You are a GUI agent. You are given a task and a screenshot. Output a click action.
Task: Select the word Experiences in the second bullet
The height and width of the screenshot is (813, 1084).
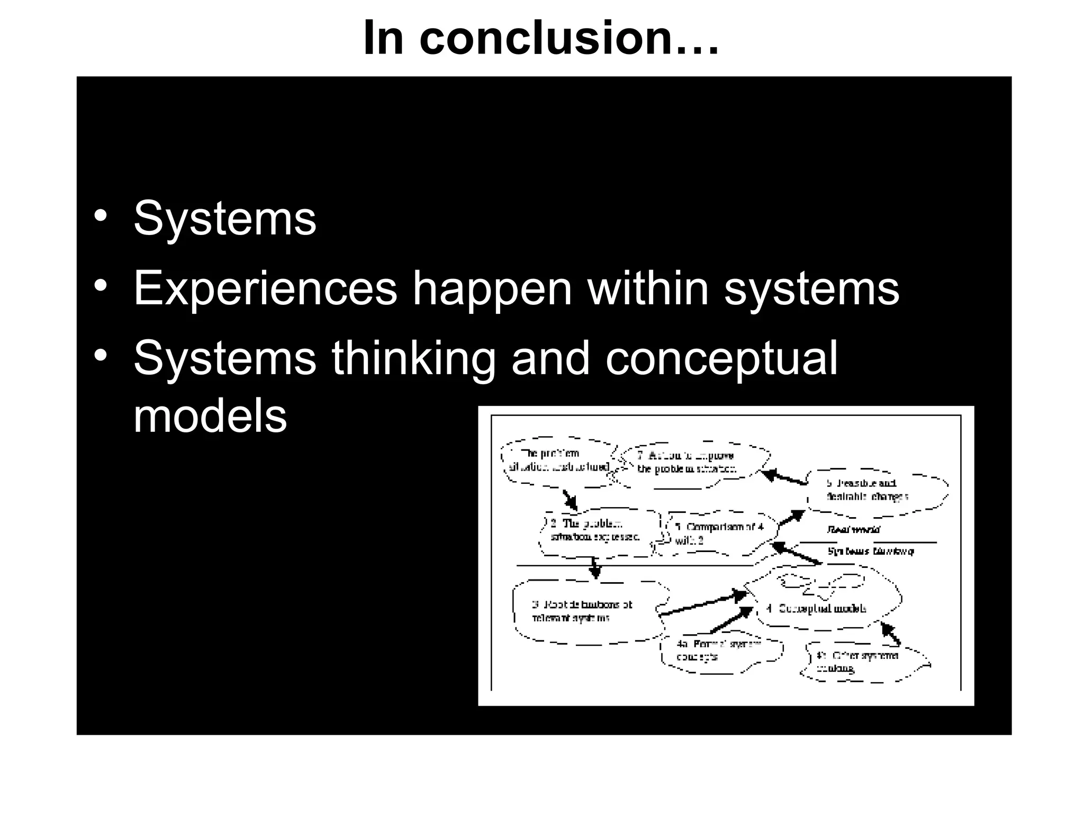265,288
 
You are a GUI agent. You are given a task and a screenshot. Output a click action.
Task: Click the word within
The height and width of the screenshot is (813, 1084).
647,288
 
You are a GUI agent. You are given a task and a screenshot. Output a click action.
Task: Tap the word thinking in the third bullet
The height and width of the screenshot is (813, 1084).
413,359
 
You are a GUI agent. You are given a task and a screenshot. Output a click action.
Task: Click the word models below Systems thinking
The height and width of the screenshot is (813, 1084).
210,415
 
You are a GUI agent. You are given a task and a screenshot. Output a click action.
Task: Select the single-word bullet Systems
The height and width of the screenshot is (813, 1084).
225,218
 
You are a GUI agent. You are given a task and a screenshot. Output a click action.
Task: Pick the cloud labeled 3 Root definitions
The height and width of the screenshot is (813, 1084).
582,611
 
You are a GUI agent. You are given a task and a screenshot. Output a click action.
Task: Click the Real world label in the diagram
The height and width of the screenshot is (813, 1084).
853,529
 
